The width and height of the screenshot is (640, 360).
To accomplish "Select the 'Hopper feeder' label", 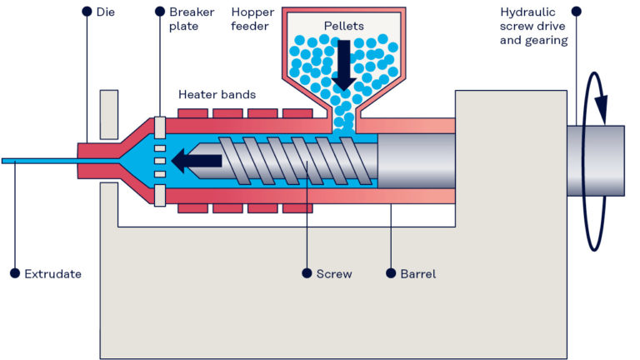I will [x=250, y=19].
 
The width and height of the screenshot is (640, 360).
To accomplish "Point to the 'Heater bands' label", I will [x=217, y=94].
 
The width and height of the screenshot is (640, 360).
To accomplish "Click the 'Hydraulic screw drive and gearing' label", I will [x=534, y=26].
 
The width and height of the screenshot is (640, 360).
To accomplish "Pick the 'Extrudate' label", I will [x=52, y=273].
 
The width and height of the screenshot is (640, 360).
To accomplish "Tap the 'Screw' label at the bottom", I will [x=333, y=273].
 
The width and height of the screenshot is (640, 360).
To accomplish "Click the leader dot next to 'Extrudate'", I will [x=14, y=273].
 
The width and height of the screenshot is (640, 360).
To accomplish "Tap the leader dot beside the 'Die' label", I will [x=87, y=12].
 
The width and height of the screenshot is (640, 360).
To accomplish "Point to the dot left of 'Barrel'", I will [x=392, y=273].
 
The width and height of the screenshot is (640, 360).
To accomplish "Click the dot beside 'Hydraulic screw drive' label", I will [x=576, y=12].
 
